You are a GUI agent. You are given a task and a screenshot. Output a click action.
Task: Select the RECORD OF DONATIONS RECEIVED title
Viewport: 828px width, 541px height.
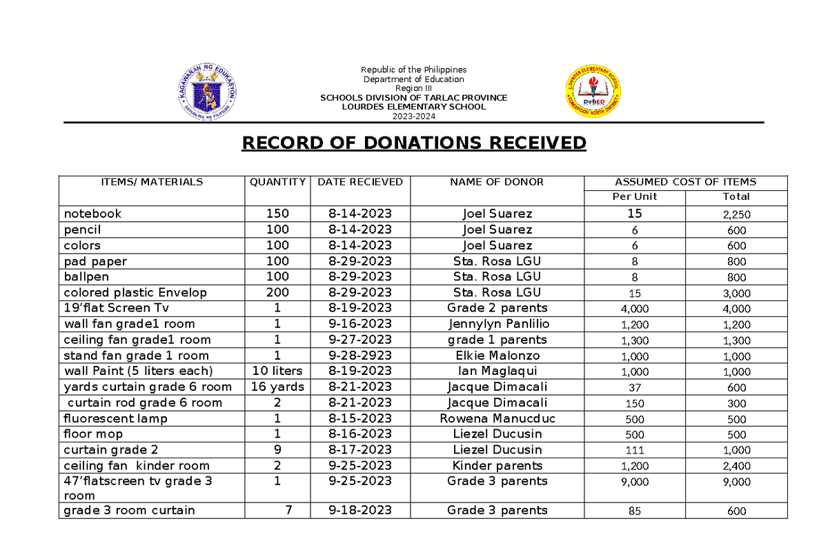coord(413,143)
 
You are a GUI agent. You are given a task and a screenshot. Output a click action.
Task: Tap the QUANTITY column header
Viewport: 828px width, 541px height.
coord(277,182)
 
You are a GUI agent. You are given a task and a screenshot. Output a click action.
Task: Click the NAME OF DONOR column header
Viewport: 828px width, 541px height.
coord(497,182)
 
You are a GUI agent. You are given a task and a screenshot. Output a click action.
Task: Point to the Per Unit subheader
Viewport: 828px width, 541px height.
coord(635,196)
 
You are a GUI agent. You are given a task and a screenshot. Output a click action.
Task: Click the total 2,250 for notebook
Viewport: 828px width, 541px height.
coord(736,214)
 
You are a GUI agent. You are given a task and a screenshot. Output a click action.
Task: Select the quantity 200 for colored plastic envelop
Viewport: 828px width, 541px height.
coord(277,293)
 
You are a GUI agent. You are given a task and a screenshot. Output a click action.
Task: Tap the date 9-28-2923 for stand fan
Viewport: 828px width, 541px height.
coord(359,356)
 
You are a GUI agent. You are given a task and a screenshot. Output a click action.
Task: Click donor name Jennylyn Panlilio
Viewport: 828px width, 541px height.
coord(497,324)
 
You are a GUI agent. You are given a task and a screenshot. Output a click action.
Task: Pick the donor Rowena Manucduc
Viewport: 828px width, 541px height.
coord(497,418)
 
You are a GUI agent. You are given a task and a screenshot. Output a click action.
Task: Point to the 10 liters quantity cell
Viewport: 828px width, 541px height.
coord(277,371)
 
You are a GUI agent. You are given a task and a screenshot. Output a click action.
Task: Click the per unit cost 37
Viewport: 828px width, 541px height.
coord(634,388)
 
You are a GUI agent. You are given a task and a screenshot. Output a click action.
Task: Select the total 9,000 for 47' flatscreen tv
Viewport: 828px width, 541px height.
coord(736,482)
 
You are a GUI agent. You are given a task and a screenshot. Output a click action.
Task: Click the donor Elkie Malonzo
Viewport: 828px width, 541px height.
coord(497,356)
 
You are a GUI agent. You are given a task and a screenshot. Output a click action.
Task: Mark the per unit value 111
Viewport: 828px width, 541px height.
coord(634,451)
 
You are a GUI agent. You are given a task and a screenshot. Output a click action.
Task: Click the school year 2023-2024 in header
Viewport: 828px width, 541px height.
coord(413,116)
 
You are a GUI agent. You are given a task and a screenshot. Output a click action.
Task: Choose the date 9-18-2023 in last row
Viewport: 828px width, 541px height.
coord(359,511)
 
